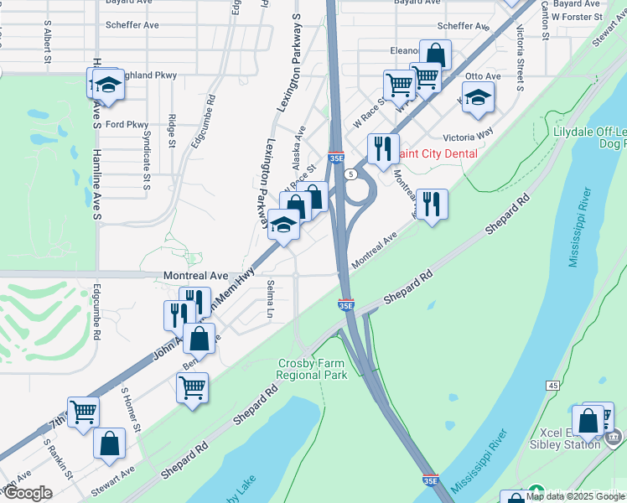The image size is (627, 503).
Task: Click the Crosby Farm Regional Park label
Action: tap(313, 369)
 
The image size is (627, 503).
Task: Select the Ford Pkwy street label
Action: tap(127, 125)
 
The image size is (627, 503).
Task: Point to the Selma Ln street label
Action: tap(270, 299)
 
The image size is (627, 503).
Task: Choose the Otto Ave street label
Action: tap(483, 76)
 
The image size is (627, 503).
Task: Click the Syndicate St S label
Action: tap(146, 159)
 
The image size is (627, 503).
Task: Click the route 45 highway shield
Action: tap(552, 385)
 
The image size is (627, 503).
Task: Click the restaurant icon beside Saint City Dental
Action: tap(383, 149)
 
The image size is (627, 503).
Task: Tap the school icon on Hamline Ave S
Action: tap(108, 84)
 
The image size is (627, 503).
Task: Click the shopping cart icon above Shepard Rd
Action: tap(193, 387)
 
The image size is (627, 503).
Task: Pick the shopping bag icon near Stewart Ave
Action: tap(110, 443)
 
